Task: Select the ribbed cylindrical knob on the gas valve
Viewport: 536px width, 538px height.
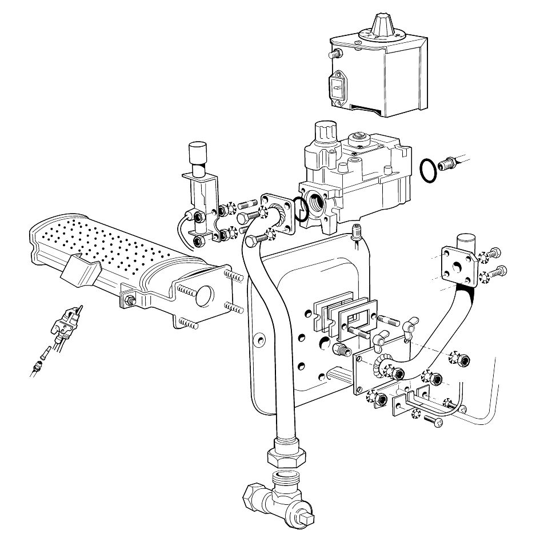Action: click(x=326, y=134)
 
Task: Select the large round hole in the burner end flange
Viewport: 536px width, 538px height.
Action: click(x=204, y=296)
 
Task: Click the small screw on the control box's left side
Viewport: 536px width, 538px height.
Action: click(x=337, y=55)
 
